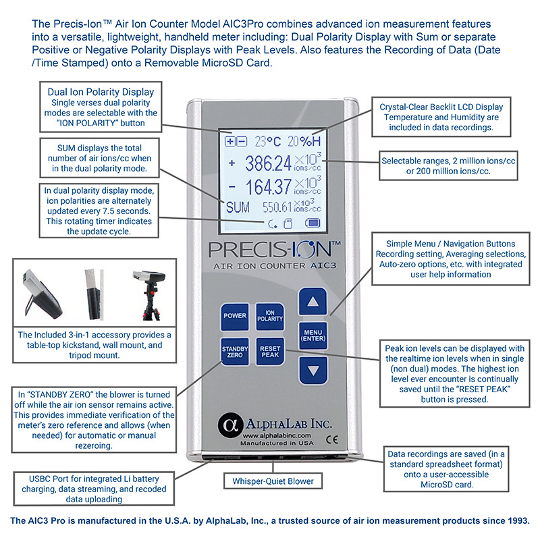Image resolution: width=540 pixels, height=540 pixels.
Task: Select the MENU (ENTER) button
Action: click(313, 334)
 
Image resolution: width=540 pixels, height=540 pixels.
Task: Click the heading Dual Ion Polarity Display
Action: click(101, 91)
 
